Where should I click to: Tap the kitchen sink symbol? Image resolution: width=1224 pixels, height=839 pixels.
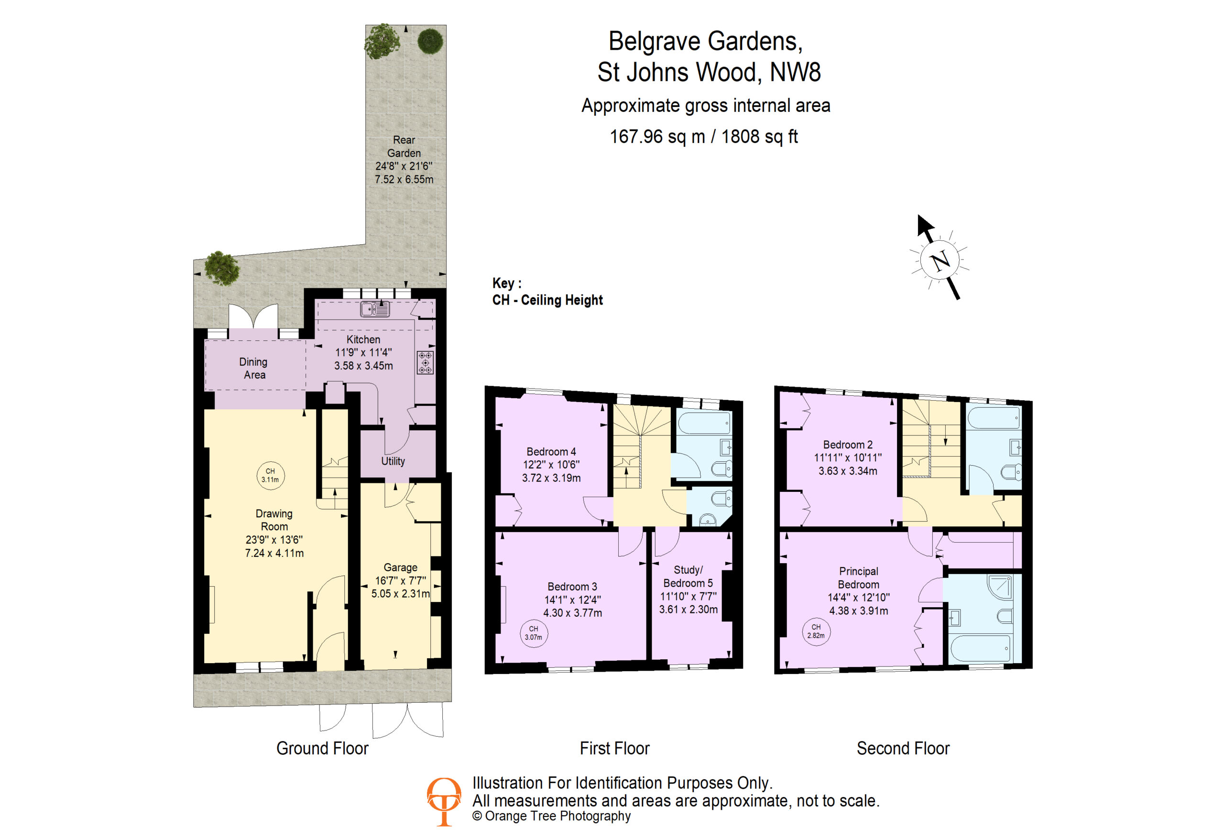pos(375,309)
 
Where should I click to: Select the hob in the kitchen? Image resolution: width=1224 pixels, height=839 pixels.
pos(425,362)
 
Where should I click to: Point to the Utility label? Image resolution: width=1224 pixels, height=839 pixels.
pos(393,461)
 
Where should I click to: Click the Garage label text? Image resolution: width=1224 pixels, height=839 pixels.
pos(400,567)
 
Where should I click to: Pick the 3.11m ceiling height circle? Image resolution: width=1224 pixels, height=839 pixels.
pos(270,476)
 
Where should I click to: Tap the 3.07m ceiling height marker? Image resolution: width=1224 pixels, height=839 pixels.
pos(534,632)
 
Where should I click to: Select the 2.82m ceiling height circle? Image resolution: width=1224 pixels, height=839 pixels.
pos(816,631)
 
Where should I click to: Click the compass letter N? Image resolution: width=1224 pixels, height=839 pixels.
pos(940,260)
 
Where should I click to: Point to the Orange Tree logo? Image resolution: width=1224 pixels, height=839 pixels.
pos(444,802)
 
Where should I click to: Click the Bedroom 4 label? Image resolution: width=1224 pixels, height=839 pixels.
pos(551,451)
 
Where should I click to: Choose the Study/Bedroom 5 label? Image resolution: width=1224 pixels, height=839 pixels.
pos(688,576)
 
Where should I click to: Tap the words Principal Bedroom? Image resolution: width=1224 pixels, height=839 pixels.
pos(859,578)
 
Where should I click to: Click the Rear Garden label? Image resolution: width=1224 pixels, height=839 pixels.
pos(404,146)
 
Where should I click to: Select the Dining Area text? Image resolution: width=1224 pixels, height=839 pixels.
pos(253,368)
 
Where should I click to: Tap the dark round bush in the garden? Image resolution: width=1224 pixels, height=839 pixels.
pos(430,41)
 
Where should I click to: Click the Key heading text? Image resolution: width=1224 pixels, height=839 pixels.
pos(507,283)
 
